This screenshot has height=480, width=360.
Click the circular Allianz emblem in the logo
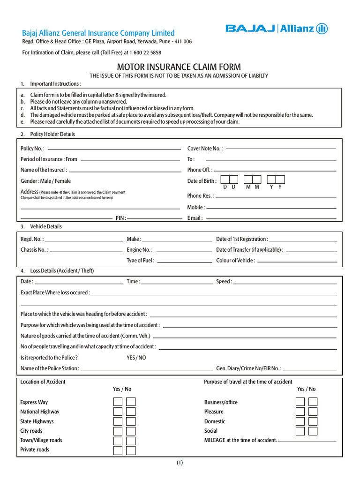[x=322, y=29]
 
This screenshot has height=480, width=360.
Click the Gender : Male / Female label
[x=46, y=181]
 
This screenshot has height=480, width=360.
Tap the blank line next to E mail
[x=271, y=218]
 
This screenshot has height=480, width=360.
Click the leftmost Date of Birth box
[x=225, y=180]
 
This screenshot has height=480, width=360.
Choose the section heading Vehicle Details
[x=46, y=226]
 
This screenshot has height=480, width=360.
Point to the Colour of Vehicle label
[x=235, y=261]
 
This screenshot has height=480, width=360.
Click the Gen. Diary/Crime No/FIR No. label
[x=248, y=368]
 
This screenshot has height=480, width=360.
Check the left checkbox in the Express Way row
[x=118, y=402]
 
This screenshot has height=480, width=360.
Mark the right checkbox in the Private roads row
[x=131, y=450]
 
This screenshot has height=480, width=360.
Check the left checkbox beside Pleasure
[x=300, y=412]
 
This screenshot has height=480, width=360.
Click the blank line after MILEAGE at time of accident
[x=307, y=442]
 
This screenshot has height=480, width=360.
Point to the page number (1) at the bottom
[x=180, y=463]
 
